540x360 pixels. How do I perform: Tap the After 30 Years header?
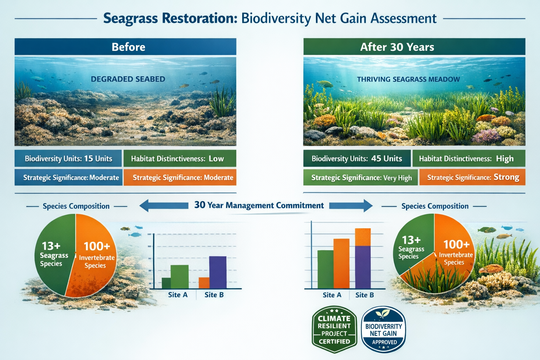pyautogui.click(x=414, y=47)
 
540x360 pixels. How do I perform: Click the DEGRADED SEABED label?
pyautogui.click(x=128, y=79)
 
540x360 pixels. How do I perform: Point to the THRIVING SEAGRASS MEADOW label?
pyautogui.click(x=408, y=79)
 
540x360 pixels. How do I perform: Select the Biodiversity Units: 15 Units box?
pyautogui.click(x=68, y=159)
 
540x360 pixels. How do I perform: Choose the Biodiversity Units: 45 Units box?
pyautogui.click(x=356, y=159)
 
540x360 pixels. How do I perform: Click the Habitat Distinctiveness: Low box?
pyautogui.click(x=180, y=159)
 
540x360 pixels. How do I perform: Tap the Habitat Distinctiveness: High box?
pyautogui.click(x=468, y=159)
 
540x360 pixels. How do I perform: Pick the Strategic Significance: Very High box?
pyautogui.click(x=361, y=178)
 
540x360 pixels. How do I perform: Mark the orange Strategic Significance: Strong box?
pyautogui.click(x=472, y=178)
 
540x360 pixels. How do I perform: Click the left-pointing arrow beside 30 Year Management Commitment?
pyautogui.click(x=163, y=206)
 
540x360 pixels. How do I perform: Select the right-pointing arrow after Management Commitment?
pyautogui.click(x=351, y=206)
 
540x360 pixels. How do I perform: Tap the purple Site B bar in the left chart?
pyautogui.click(x=218, y=272)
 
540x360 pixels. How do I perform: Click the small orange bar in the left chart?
pyautogui.click(x=204, y=283)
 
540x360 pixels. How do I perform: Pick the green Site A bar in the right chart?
pyautogui.click(x=325, y=269)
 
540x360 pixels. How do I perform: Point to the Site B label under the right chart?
pyautogui.click(x=365, y=295)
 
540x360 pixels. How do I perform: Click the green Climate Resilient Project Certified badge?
pyautogui.click(x=334, y=329)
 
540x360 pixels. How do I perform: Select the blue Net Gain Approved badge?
pyautogui.click(x=384, y=329)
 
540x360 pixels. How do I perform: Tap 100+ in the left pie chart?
pyautogui.click(x=97, y=246)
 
